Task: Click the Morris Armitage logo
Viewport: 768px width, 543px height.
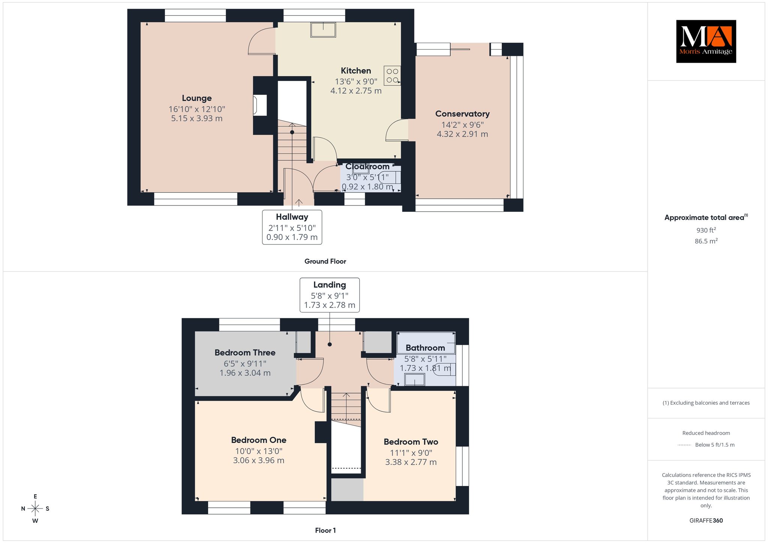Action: [706, 41]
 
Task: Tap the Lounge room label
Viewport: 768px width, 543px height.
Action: [197, 98]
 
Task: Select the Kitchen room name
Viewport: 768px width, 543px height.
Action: [356, 70]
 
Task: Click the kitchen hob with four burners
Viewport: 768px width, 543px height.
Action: [392, 75]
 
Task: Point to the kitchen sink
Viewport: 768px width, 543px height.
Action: [323, 30]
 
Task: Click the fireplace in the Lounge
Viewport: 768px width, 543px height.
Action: [260, 105]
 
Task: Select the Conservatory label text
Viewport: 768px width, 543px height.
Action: [462, 114]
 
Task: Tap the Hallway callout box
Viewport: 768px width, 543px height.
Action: [292, 227]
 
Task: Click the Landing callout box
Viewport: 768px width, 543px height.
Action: [330, 295]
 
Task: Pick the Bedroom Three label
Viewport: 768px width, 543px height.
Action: [245, 352]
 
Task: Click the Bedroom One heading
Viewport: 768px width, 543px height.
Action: [259, 440]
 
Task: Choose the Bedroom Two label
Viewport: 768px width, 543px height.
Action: [411, 442]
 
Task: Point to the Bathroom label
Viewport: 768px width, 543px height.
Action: [425, 348]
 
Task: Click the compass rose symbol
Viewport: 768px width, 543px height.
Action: [35, 508]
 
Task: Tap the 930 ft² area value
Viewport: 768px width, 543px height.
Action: [706, 230]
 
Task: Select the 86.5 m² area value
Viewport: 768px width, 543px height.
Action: [706, 241]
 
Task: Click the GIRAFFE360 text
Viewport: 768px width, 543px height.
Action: [706, 520]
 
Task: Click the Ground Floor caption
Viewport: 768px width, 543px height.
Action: [325, 261]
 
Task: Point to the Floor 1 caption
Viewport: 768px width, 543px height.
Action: [325, 530]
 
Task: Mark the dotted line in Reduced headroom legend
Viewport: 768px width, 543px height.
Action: [684, 445]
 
